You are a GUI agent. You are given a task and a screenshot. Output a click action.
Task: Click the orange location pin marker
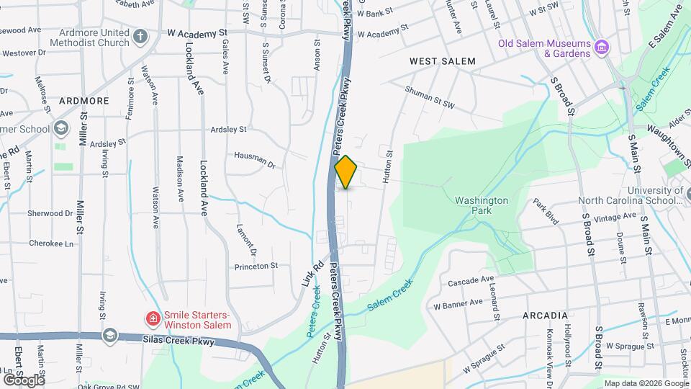[346, 172]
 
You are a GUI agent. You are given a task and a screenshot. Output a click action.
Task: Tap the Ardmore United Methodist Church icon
[140, 35]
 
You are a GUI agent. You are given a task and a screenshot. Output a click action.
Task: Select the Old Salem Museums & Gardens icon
[602, 48]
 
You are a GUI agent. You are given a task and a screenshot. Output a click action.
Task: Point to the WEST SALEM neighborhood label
[443, 61]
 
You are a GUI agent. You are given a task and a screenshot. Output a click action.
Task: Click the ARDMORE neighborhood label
[83, 101]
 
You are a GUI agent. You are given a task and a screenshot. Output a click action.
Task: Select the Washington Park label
[482, 206]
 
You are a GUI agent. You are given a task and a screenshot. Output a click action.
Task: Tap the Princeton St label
[256, 266]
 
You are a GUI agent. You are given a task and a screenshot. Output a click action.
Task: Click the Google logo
[23, 380]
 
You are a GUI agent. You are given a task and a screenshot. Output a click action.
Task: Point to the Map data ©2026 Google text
[646, 383]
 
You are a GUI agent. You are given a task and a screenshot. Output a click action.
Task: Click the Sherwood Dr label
[50, 213]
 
